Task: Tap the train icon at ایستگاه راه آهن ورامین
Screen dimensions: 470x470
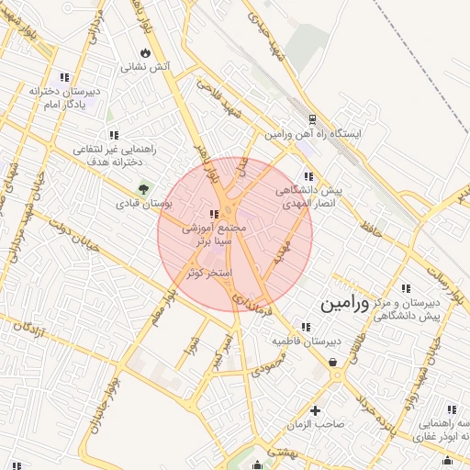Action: point(313,119)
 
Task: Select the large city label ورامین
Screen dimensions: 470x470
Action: point(345,305)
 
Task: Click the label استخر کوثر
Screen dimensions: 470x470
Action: point(212,274)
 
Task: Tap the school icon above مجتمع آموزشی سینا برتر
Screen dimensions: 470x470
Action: point(214,214)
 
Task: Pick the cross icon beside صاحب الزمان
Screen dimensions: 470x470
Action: point(317,410)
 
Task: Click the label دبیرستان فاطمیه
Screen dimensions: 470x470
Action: point(306,341)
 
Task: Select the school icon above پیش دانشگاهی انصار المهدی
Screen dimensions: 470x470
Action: point(308,175)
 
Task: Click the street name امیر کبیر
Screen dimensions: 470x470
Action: point(218,353)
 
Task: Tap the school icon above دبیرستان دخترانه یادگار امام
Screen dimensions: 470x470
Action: point(63,78)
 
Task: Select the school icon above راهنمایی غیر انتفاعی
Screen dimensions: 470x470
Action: point(114,135)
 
